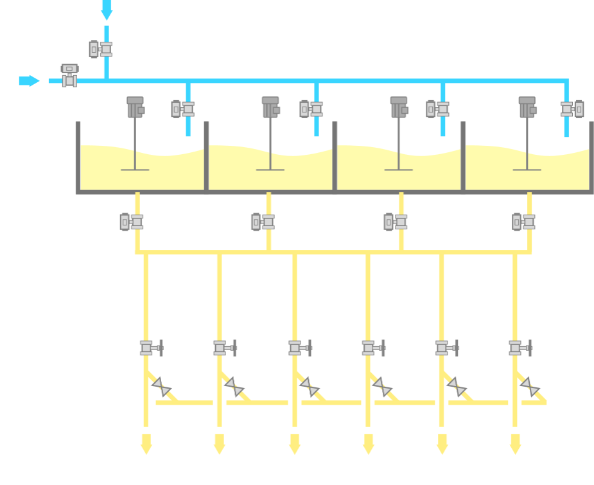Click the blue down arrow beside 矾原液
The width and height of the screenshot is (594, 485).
107,10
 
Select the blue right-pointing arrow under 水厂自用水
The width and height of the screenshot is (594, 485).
29,80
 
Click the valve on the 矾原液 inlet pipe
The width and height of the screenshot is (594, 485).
101,49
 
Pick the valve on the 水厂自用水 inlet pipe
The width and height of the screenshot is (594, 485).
69,75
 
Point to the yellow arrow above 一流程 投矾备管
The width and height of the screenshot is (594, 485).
146,443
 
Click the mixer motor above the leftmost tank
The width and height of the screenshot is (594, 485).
135,107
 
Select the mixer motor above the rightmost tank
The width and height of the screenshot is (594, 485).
527,107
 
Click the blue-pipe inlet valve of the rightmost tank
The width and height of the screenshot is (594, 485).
573,109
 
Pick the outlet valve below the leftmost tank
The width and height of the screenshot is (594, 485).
132,222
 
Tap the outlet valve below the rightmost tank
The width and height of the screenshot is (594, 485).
524,222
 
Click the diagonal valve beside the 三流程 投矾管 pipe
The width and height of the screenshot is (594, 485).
530,387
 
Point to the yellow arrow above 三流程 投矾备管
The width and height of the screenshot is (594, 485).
442,443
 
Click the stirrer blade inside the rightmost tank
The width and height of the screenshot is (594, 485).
527,169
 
